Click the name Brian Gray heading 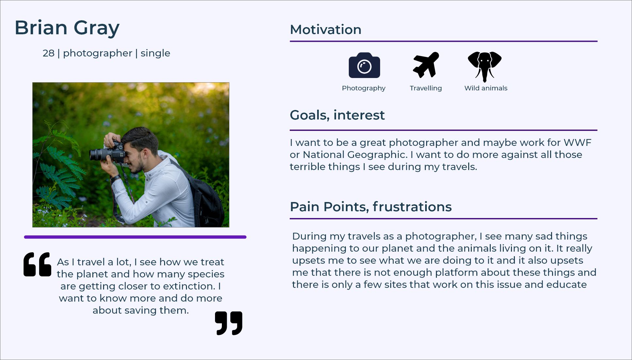pyautogui.click(x=67, y=28)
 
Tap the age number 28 pyautogui.click(x=48, y=53)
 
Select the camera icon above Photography pyautogui.click(x=364, y=66)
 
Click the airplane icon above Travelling pyautogui.click(x=426, y=65)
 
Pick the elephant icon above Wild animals pyautogui.click(x=485, y=66)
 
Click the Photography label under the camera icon pyautogui.click(x=363, y=88)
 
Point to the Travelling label pyautogui.click(x=425, y=88)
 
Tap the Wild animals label pyautogui.click(x=486, y=88)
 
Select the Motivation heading pyautogui.click(x=325, y=30)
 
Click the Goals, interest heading pyautogui.click(x=337, y=115)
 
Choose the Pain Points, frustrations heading pyautogui.click(x=371, y=207)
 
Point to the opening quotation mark pyautogui.click(x=37, y=264)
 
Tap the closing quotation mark pyautogui.click(x=229, y=323)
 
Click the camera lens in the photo pyautogui.click(x=95, y=154)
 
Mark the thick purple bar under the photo pyautogui.click(x=135, y=237)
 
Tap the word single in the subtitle pyautogui.click(x=155, y=53)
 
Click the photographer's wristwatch pyautogui.click(x=115, y=178)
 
